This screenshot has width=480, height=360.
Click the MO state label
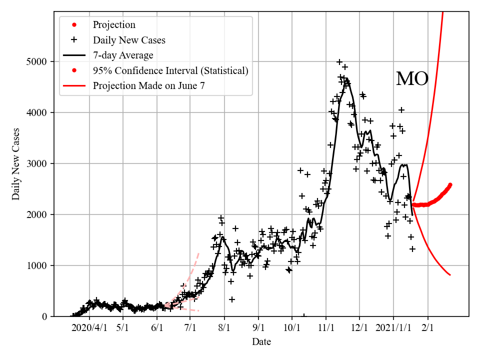tap(412, 79)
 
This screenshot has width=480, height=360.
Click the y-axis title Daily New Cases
tap(16, 164)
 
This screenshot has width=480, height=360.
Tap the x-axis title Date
tap(261, 342)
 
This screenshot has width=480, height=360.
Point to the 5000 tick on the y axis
tap(37, 62)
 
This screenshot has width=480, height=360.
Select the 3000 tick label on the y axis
tap(37, 164)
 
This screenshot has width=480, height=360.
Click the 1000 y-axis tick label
tap(37, 266)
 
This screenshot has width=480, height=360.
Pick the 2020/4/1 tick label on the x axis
tap(89, 328)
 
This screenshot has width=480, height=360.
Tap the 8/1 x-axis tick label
tap(224, 328)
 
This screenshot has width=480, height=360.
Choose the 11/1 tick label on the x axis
tap(325, 328)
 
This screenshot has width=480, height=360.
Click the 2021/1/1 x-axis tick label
tap(393, 328)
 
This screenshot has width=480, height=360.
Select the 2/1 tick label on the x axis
tap(427, 328)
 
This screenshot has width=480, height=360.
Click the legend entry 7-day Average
tap(123, 55)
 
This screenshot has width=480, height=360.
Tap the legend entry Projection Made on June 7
tap(149, 86)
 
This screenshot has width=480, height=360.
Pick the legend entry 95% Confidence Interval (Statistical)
tap(170, 70)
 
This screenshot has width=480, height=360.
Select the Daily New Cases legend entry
tap(129, 40)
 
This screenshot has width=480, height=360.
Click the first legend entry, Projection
tap(114, 24)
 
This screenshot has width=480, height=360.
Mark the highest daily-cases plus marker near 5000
tap(339, 62)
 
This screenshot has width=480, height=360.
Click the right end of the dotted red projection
tap(450, 184)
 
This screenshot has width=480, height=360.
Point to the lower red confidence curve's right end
tap(450, 275)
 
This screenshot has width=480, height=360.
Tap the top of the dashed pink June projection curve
tap(199, 253)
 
